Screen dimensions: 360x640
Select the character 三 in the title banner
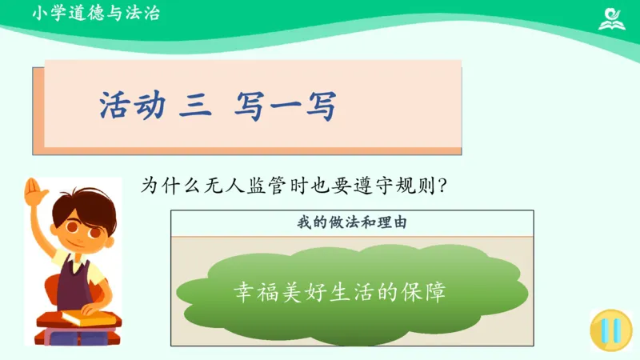(193, 106)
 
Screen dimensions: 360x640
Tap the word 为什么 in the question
(166, 185)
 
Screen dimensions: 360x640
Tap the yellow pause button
(607, 330)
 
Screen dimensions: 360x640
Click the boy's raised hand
(34, 192)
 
